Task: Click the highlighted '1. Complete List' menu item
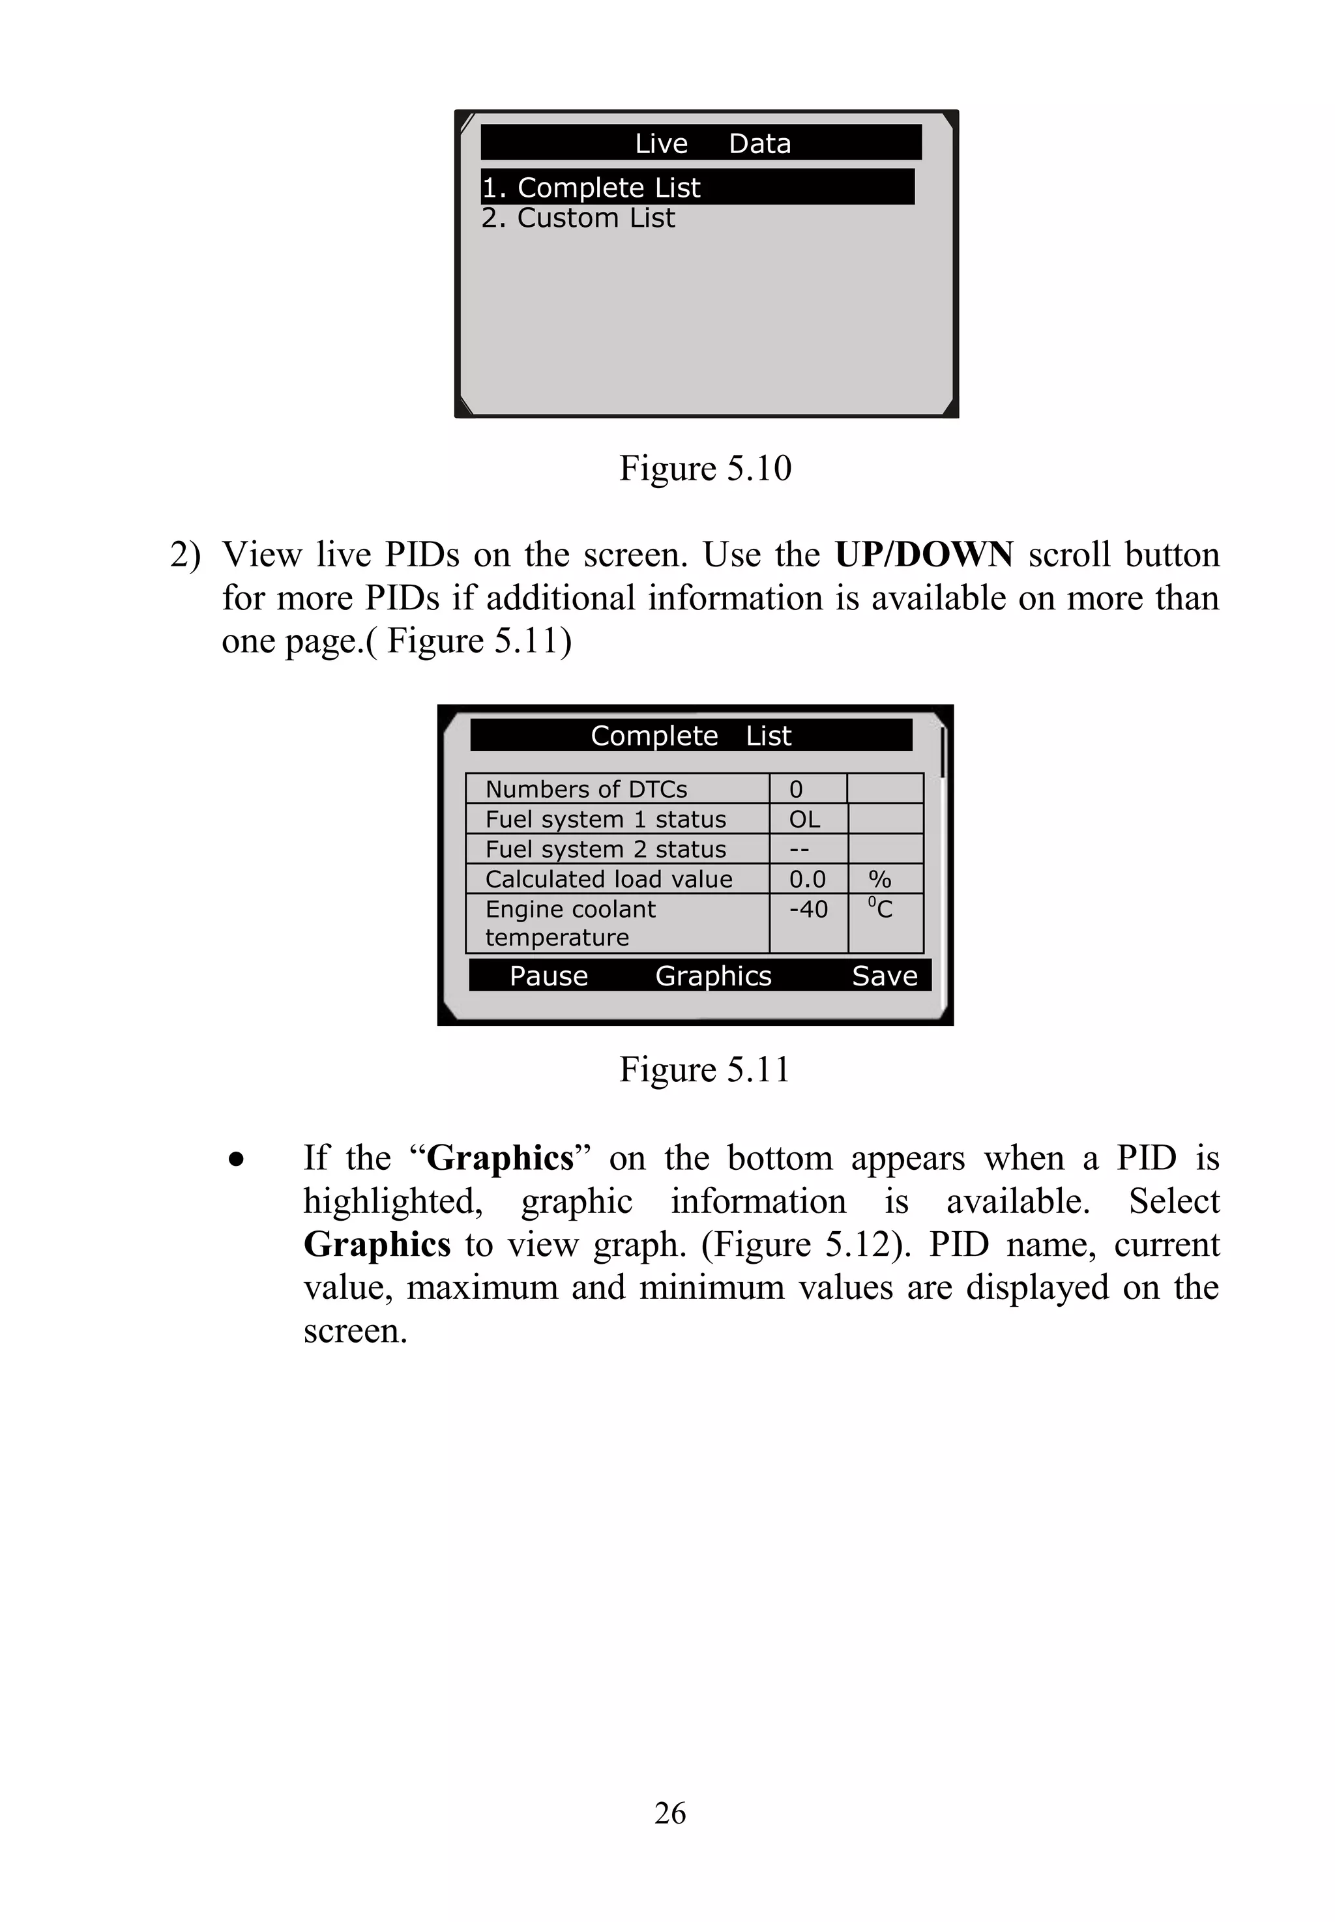[591, 187]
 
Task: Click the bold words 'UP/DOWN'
[924, 555]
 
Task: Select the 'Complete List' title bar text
[690, 736]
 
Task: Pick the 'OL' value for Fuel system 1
[804, 820]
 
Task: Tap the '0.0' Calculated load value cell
[807, 880]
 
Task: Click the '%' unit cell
[880, 880]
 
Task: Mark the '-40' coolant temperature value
[808, 910]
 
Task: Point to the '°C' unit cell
[880, 909]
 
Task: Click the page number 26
[670, 1813]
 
